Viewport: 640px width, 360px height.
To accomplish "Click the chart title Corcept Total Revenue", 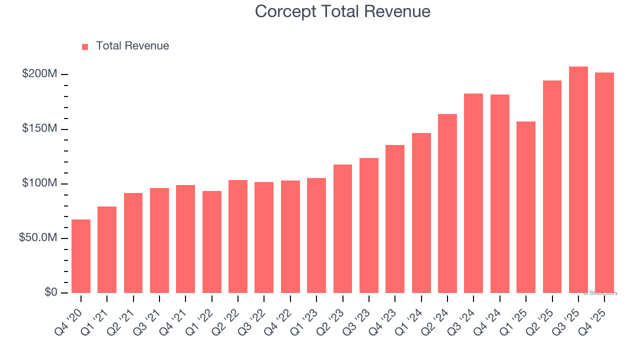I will coord(342,11).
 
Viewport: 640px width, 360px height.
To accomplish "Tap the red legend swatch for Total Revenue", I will coord(85,46).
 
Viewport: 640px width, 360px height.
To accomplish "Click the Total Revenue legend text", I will coord(132,46).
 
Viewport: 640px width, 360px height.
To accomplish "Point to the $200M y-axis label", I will coord(39,74).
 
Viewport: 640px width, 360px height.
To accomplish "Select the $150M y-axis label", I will coord(39,129).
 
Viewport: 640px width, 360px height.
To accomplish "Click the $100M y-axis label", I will coord(39,183).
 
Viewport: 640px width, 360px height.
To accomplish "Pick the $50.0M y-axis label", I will coord(38,238).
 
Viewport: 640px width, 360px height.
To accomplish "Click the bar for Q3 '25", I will coord(578,180).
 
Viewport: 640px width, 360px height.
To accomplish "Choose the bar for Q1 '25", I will coord(526,207).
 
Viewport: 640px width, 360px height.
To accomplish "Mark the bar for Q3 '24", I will coord(473,193).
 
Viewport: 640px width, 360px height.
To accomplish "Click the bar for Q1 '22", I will coord(212,242).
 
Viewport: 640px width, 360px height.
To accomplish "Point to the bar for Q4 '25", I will coord(604,183).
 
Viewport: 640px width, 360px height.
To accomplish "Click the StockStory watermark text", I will coord(600,293).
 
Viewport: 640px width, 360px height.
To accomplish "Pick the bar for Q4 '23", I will coord(395,219).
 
